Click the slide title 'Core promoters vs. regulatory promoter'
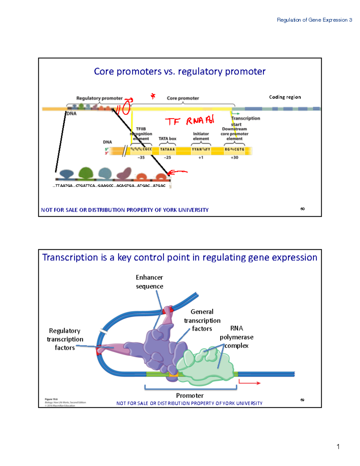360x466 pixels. [x=179, y=71]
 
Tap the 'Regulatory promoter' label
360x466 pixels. [x=99, y=98]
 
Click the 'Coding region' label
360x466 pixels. [x=285, y=97]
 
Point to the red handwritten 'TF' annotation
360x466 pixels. [x=172, y=121]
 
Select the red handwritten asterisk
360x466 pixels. [x=153, y=96]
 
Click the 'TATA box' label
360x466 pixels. [x=167, y=139]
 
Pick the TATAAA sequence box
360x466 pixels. [x=167, y=149]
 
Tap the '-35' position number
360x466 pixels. [x=141, y=157]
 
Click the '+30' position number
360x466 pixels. [x=234, y=157]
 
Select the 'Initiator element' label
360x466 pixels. [x=201, y=136]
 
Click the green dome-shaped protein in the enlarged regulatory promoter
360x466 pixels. [x=86, y=173]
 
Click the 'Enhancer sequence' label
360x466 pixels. [x=149, y=281]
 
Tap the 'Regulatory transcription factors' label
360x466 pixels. [x=65, y=339]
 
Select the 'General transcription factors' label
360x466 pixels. [x=202, y=320]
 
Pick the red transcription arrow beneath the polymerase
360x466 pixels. [x=249, y=383]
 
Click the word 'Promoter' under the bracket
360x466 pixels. [x=190, y=395]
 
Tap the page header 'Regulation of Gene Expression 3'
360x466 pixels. [x=314, y=20]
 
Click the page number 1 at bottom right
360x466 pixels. [x=338, y=446]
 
